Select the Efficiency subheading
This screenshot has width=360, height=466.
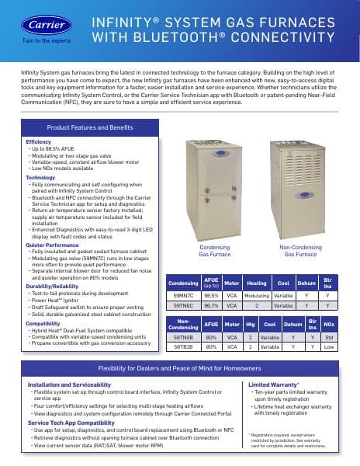point(38,142)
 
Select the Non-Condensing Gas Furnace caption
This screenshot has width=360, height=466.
point(300,250)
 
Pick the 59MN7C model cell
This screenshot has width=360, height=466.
point(183,296)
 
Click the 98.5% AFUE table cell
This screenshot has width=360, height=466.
point(211,296)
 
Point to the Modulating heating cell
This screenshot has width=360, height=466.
point(256,296)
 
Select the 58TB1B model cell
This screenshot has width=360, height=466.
point(183,348)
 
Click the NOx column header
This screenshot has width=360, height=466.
point(329,322)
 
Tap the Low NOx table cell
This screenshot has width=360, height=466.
point(329,348)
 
